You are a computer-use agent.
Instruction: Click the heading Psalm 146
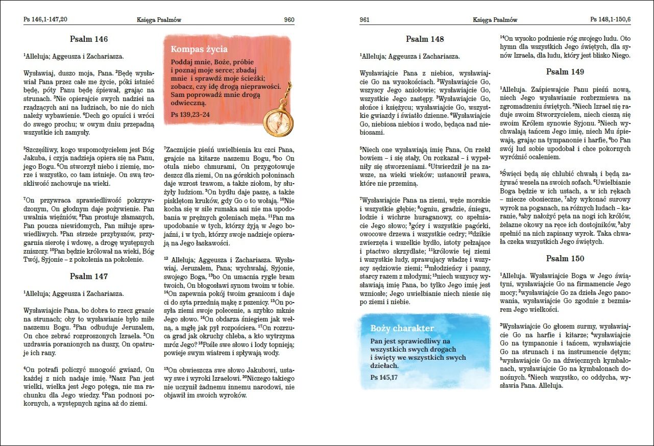89,39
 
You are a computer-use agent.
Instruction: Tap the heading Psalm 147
89,276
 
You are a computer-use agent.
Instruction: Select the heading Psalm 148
425,39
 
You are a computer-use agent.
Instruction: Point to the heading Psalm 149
565,72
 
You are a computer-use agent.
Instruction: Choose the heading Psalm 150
565,259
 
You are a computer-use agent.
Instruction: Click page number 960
289,20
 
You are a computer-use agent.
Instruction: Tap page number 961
365,20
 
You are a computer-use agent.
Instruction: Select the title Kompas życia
199,49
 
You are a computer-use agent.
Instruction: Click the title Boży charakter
402,328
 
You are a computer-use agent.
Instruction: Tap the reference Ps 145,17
384,377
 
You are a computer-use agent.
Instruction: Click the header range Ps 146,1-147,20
45,20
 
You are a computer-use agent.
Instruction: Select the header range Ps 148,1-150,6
611,20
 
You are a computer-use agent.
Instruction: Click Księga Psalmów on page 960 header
159,20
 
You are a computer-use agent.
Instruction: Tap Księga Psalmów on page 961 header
495,20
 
